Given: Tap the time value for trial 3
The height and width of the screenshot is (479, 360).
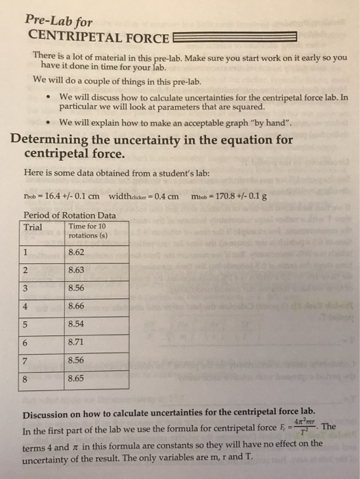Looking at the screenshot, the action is click(x=77, y=288).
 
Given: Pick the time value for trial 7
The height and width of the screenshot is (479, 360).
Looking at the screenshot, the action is click(x=77, y=359).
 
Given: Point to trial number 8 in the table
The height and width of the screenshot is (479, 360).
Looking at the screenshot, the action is click(x=27, y=377).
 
